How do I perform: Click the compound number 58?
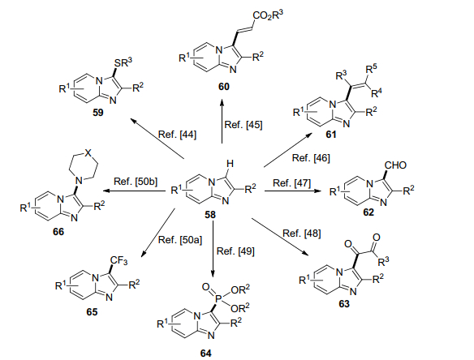point(210,215)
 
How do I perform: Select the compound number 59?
point(97,113)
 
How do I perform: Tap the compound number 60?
point(224,87)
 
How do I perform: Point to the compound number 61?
point(331,135)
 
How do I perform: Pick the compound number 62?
point(368,212)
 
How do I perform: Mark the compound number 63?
point(344,304)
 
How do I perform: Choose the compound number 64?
point(206,353)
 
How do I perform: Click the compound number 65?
point(92,312)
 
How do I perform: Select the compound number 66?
point(58,232)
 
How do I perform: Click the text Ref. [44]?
point(177,135)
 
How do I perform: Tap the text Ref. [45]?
point(243,125)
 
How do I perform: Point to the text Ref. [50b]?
point(136,182)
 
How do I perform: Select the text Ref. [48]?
point(302,234)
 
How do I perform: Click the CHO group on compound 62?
point(396,165)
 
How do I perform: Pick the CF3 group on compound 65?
point(118,260)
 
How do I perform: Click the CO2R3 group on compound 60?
point(268,15)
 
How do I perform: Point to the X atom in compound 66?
point(88,152)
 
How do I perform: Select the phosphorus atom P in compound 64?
point(218,298)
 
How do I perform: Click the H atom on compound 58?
point(230,164)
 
